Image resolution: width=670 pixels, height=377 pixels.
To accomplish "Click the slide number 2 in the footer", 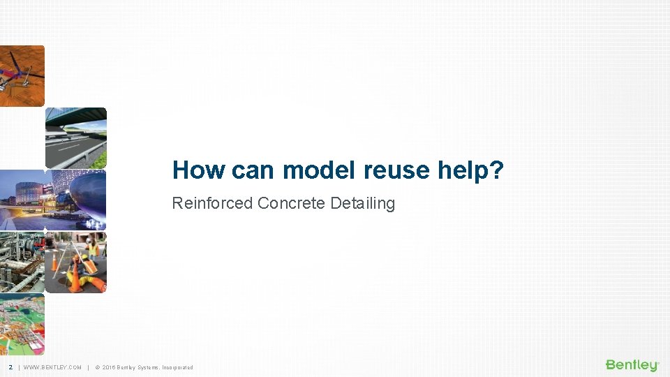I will point(10,367).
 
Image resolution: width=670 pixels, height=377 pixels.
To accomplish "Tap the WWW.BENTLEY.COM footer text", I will point(52,367).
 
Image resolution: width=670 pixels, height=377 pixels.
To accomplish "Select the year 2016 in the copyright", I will point(109,367).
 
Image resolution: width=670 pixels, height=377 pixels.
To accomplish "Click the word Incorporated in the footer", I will point(174,367).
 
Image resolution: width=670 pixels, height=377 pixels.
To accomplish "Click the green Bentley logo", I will point(632,365).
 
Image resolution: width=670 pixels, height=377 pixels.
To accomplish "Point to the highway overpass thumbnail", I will point(76,138).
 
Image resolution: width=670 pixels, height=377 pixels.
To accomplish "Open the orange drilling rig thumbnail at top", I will point(22,75).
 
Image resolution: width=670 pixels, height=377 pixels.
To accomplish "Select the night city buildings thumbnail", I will point(22,200).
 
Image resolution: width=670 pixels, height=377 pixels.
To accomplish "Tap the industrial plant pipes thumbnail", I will point(22,262).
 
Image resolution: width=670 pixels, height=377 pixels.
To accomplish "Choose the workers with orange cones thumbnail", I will point(76,262).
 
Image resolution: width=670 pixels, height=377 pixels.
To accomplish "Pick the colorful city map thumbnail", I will point(22,323).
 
